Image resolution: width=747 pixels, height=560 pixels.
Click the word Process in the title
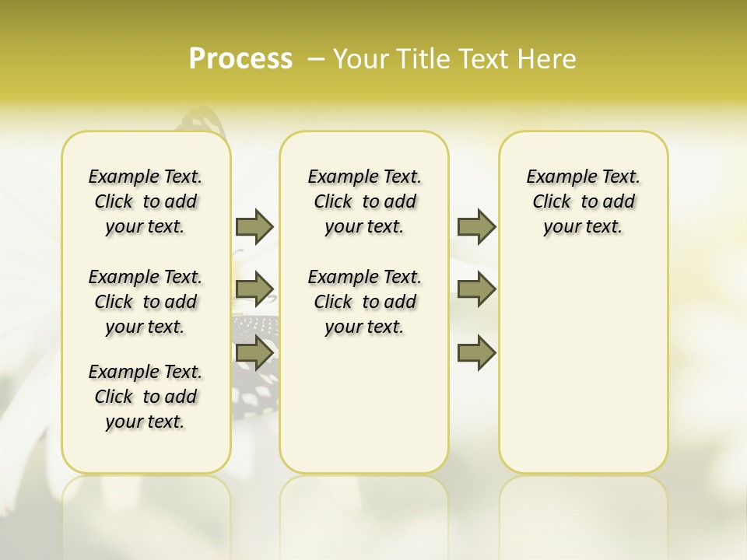pos(240,58)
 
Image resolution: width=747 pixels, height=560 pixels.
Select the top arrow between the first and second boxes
pos(254,226)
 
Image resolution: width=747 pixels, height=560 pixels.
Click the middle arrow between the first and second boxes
pos(254,289)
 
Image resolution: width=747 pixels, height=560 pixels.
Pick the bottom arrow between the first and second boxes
pos(254,352)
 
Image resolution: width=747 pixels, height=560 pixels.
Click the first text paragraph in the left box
pos(146,201)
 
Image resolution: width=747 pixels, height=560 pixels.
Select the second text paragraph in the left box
pos(146,302)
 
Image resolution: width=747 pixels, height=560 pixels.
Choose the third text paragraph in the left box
pos(146,397)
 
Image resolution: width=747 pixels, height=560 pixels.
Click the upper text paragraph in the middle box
pos(364,201)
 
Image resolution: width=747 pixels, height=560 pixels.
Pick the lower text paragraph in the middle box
pos(364,302)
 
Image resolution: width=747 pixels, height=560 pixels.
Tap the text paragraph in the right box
pos(584,201)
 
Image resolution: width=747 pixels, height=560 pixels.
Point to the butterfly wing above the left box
pos(201,121)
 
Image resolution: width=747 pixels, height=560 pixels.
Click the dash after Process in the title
pos(315,58)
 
